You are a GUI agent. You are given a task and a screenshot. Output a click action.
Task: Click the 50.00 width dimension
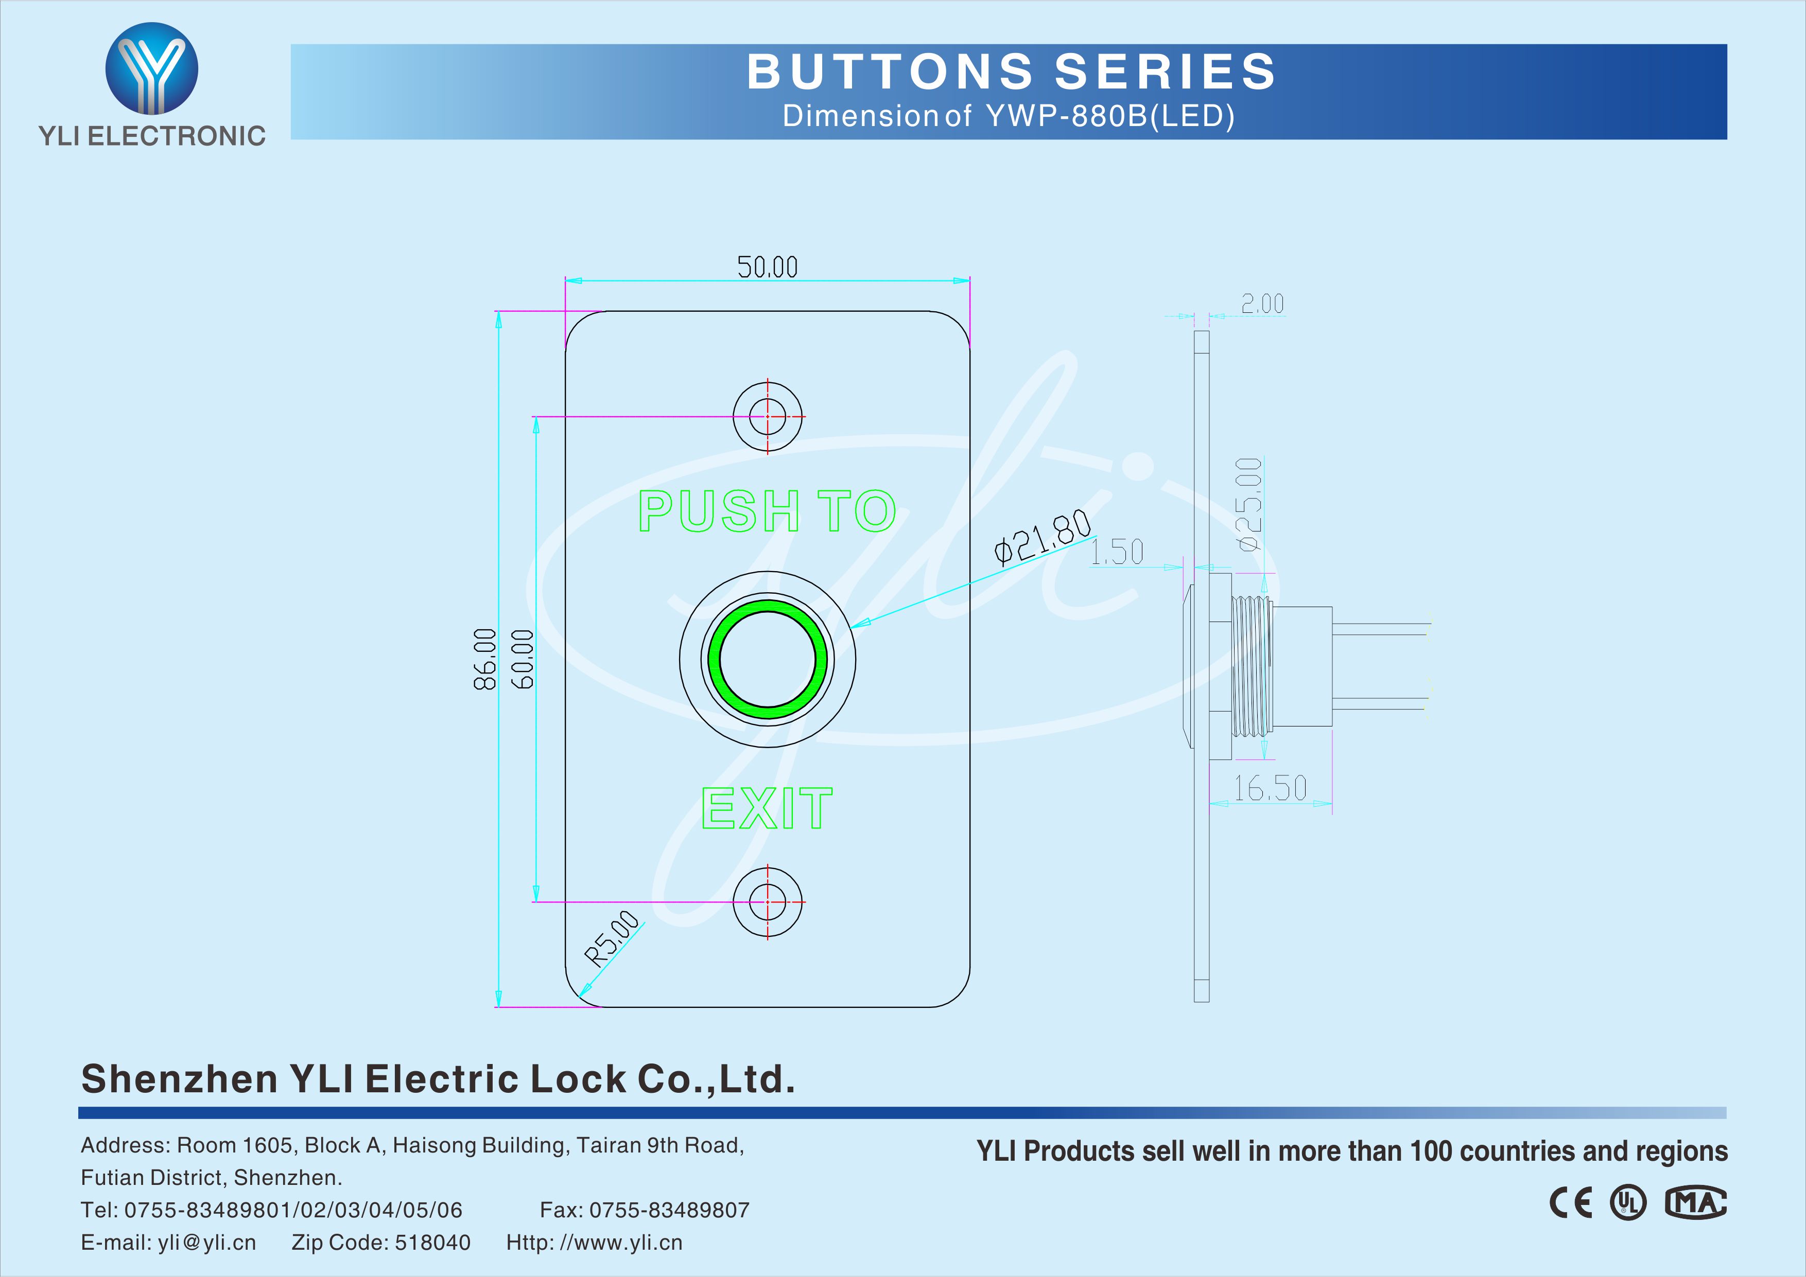tap(767, 268)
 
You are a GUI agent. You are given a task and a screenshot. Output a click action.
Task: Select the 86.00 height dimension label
tap(484, 659)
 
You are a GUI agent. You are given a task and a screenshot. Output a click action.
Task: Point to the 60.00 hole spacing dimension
tap(523, 659)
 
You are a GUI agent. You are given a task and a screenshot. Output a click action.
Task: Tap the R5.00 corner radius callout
tap(612, 937)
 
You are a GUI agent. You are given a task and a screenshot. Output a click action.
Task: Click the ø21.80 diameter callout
tap(1042, 537)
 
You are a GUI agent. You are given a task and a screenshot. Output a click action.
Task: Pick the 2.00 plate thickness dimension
tap(1262, 304)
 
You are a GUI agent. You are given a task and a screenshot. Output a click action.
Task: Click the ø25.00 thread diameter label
tap(1249, 504)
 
